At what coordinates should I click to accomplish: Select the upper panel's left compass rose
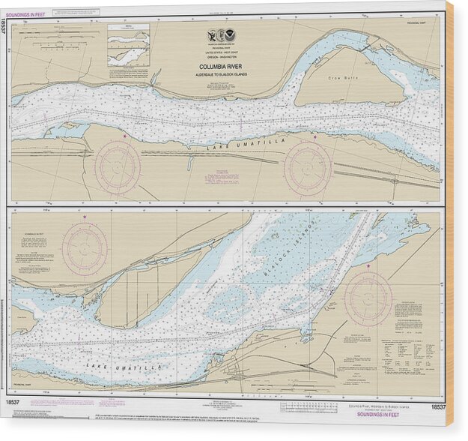coord(117,166)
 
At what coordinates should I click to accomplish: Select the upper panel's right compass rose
coord(307,166)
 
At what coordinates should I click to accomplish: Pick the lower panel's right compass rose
coord(367,298)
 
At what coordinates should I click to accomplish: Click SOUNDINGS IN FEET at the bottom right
coord(416,414)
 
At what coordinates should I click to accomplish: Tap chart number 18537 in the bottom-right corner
coord(438,406)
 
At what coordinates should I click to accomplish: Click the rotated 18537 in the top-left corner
coord(5,28)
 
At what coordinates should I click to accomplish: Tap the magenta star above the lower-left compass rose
coord(85,217)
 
